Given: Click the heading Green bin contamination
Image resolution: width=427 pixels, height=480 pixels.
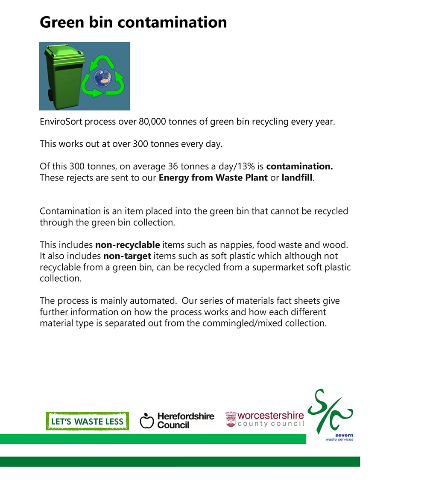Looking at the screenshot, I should (x=133, y=22).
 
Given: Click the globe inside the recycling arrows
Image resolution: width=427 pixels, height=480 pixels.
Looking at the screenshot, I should (x=102, y=78).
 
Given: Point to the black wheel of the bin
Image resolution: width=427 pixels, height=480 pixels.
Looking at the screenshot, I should (x=50, y=95).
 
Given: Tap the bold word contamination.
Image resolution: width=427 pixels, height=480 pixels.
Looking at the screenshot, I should (x=299, y=166).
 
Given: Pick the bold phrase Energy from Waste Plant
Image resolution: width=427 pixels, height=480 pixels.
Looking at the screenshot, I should (x=213, y=177).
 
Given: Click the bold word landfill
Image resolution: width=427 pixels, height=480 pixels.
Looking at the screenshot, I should (x=297, y=177).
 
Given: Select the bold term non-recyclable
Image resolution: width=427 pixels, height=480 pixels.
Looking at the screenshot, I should (x=127, y=245).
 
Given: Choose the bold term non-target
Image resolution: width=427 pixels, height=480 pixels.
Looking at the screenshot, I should (x=127, y=256).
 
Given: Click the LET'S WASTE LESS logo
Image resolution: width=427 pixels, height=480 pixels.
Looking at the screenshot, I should (x=87, y=421).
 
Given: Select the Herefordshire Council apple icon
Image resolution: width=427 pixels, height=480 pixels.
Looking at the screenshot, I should (x=146, y=421).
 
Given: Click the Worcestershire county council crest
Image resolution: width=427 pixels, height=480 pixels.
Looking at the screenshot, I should (x=231, y=419).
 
